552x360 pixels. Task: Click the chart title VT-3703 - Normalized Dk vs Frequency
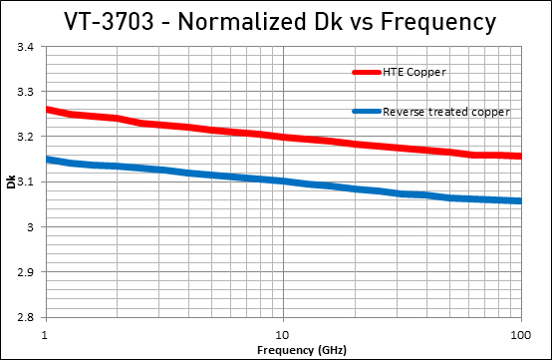[276, 21]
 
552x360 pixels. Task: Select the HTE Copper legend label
[415, 72]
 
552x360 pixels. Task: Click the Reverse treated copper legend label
[446, 112]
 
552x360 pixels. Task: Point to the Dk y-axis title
[11, 182]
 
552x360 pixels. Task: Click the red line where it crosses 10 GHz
[283, 137]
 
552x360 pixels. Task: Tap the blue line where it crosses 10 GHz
[283, 180]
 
